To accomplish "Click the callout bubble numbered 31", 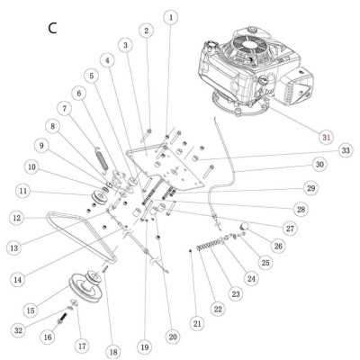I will point(326,136).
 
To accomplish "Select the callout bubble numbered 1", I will point(171,16).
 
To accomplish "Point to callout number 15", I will point(31,310).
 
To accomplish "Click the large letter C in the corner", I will point(52,27).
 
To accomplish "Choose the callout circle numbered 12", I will point(17,218).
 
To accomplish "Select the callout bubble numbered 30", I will point(319,166).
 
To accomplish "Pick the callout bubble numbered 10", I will point(31,166).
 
